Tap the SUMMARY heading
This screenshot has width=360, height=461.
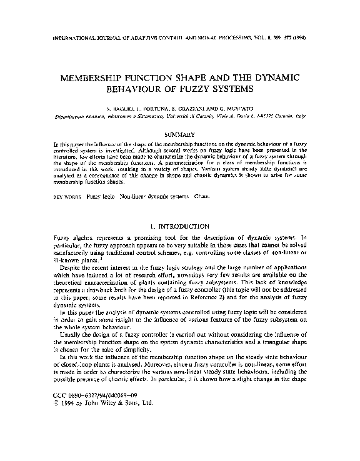click(180, 134)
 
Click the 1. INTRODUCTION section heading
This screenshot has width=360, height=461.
click(179, 224)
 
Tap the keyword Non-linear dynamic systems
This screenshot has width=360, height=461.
click(142, 196)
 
